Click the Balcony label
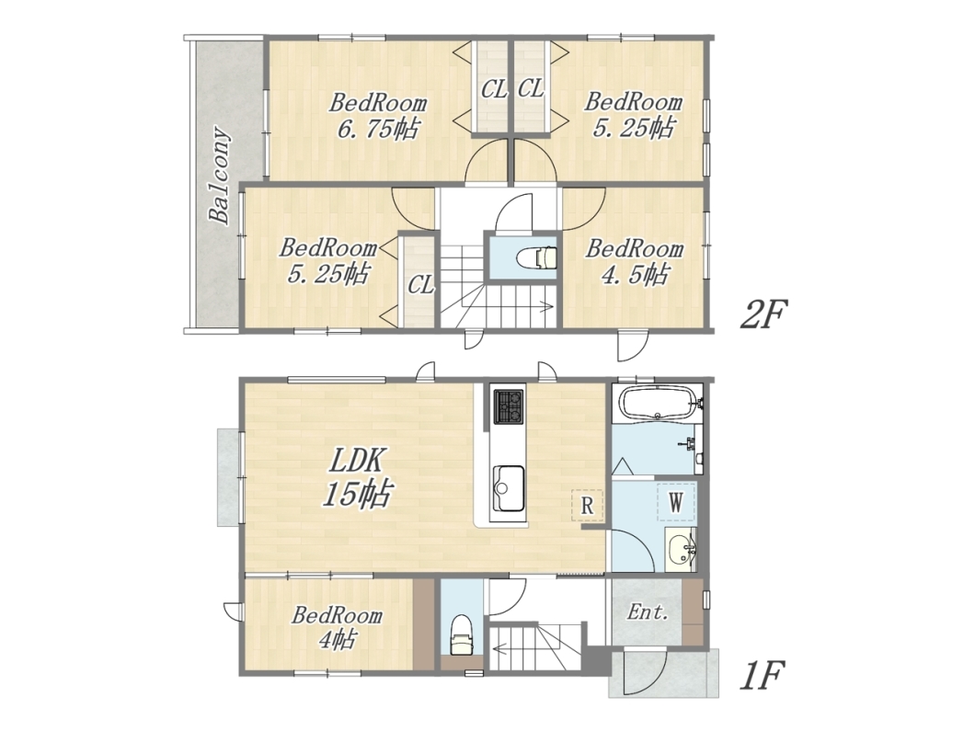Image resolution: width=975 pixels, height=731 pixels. tap(220, 176)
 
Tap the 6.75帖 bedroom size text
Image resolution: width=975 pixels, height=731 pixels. tap(378, 130)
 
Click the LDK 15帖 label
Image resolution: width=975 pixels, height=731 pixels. tap(356, 479)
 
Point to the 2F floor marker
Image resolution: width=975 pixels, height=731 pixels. tap(763, 314)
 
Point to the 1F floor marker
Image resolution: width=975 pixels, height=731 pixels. tap(763, 676)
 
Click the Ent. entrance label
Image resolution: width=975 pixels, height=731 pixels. tap(648, 613)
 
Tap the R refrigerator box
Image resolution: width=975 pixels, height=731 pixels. tap(587, 506)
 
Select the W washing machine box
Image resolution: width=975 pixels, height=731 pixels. tap(676, 502)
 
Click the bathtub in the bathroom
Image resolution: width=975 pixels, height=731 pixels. tap(658, 404)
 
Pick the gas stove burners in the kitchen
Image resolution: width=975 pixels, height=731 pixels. tap(509, 405)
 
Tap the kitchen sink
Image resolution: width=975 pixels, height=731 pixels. tap(509, 488)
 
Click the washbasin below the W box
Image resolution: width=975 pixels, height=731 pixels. tap(681, 550)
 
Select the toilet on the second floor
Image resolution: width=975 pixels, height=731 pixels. tap(538, 257)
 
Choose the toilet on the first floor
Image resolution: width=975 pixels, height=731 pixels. tap(462, 634)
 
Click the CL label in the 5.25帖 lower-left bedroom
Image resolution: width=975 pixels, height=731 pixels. tap(421, 285)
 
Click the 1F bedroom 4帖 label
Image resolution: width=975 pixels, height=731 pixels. tap(337, 626)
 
